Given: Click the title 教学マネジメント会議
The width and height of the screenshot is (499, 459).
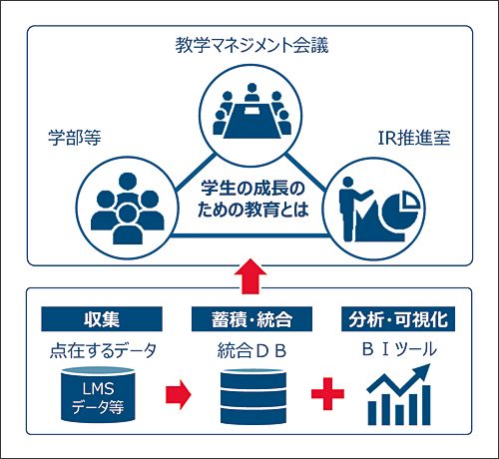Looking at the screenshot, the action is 251,45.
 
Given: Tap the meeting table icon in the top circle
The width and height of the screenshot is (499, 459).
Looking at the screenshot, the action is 251,121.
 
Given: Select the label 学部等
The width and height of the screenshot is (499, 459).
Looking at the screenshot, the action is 75,138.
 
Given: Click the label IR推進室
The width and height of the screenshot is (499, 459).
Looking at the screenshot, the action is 414,138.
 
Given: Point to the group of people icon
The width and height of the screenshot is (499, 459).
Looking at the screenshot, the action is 128,209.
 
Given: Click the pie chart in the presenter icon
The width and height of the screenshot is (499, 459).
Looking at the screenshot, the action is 400,209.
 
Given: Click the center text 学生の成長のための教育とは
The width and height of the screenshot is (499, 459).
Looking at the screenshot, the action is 252,200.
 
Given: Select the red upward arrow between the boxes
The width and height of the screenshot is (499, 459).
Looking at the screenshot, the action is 250,276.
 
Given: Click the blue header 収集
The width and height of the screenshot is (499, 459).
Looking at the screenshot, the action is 102,319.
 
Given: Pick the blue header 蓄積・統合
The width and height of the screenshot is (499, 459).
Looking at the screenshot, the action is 251,319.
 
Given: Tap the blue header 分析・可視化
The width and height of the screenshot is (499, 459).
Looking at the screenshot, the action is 398,319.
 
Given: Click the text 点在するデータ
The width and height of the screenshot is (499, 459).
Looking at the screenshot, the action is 103,350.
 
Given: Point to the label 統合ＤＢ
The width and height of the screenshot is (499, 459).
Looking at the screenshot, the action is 251,350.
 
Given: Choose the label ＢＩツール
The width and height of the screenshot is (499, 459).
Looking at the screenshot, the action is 399,349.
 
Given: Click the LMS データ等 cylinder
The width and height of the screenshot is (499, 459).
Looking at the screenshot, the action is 98,394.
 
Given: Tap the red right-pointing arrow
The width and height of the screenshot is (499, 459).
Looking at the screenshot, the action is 179,394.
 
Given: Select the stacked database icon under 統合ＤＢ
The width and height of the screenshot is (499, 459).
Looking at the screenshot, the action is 253,396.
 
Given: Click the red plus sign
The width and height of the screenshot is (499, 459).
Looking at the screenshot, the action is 327,394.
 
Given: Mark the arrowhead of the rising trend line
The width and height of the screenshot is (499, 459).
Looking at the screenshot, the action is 422,372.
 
